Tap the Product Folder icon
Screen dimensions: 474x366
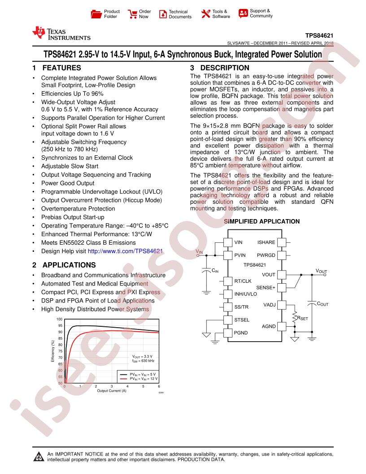96,13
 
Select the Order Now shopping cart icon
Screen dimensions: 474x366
133,13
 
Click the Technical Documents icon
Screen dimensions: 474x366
162,13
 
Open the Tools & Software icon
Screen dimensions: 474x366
206,13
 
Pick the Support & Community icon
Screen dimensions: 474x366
243,13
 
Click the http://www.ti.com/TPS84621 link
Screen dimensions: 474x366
125,251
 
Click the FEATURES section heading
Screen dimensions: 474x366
61,68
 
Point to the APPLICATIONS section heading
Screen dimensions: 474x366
68,265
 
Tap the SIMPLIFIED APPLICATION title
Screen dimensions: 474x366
261,221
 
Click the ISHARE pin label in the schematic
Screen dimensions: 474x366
266,242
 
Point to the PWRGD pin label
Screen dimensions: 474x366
266,255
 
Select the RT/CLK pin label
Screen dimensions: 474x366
243,281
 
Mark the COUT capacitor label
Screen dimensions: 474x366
322,304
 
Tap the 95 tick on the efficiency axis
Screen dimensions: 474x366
60,325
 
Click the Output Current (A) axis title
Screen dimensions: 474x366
112,391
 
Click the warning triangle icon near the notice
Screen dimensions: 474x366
37,457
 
